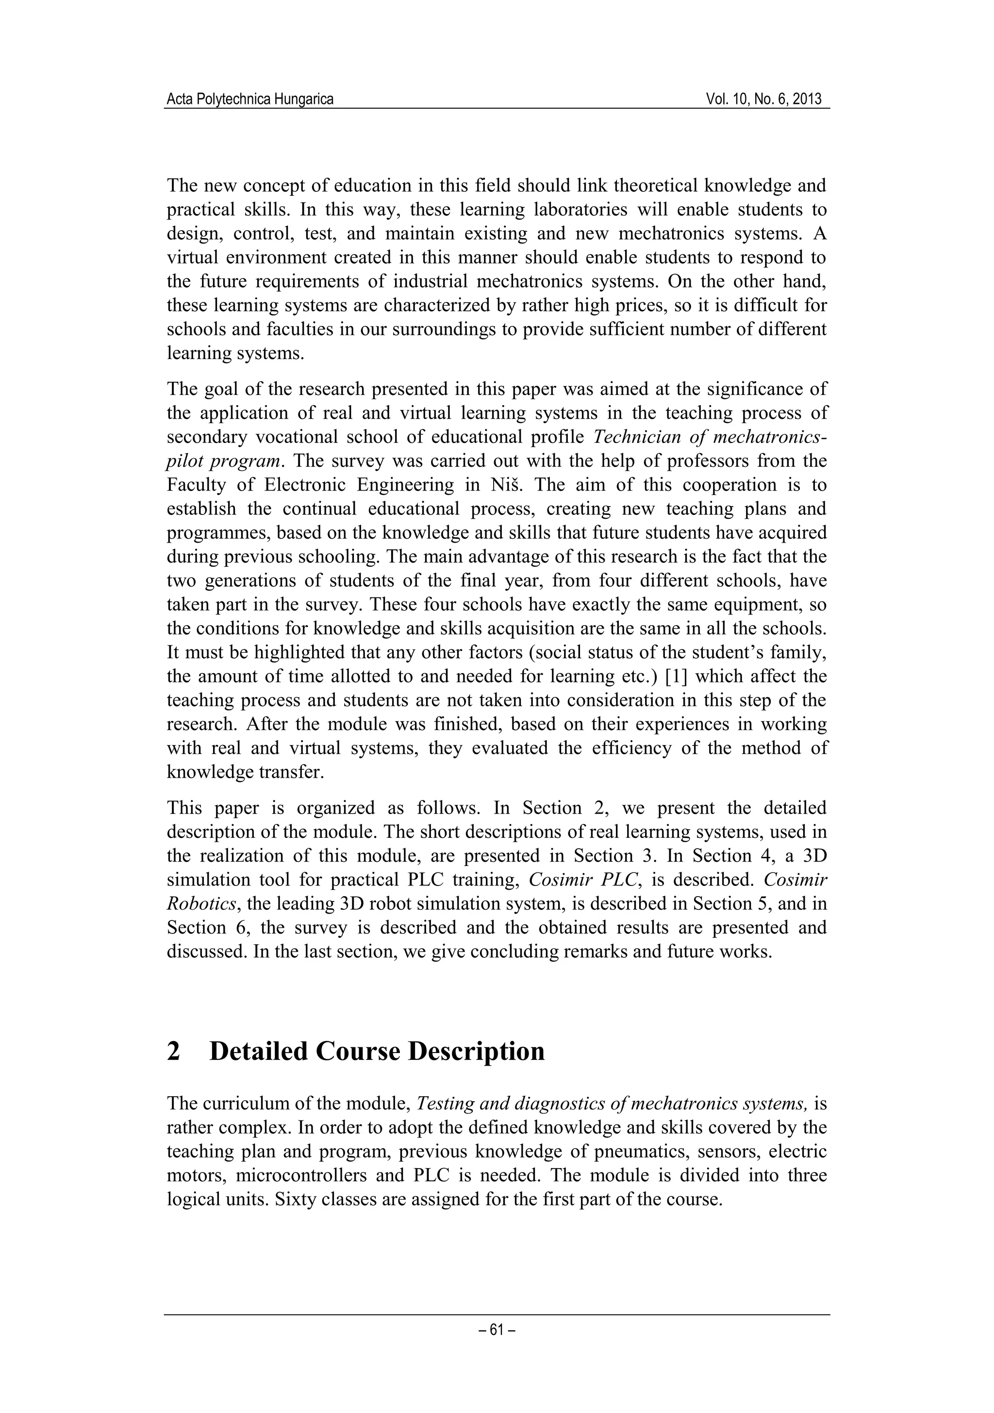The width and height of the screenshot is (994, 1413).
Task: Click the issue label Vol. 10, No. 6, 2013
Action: [x=764, y=99]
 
